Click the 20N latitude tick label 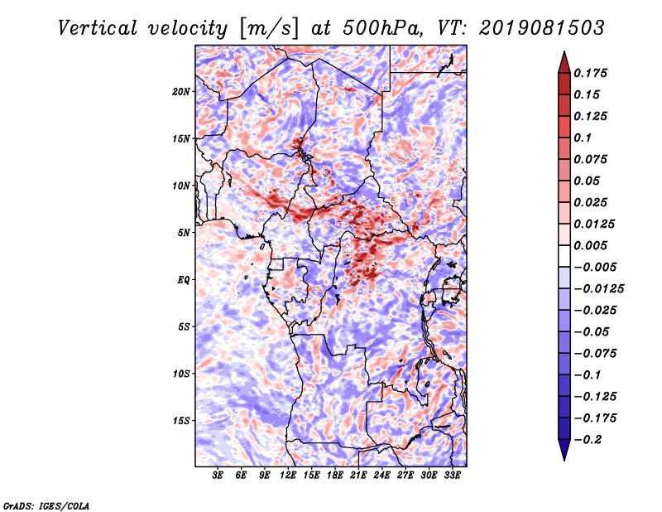point(181,92)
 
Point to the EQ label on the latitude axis point(183,280)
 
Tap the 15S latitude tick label point(181,421)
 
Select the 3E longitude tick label point(218,475)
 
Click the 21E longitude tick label point(358,475)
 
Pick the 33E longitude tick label point(452,475)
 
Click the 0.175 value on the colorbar point(590,73)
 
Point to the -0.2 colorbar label point(588,440)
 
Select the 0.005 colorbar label point(590,245)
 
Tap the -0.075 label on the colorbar point(595,354)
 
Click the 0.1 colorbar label point(583,138)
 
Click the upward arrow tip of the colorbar point(564,51)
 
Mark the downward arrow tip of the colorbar point(564,461)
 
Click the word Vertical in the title point(98,28)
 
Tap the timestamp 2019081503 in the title point(542,28)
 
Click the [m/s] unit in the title point(268,29)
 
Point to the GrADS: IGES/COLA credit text point(46,506)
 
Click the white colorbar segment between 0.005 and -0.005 point(564,256)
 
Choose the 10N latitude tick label point(181,186)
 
